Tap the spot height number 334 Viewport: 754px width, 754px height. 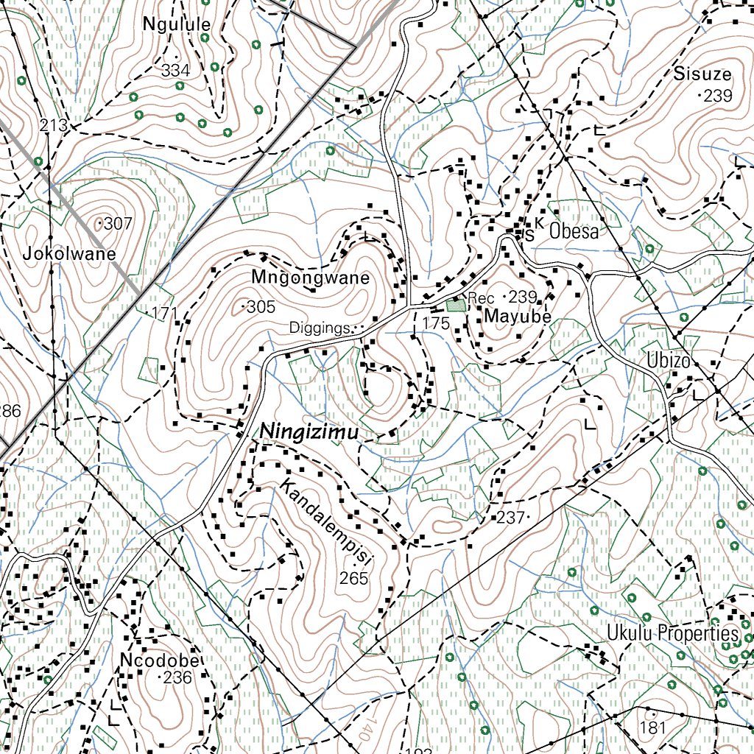click(x=175, y=71)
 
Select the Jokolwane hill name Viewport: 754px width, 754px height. click(x=69, y=255)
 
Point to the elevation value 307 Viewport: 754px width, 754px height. click(x=118, y=223)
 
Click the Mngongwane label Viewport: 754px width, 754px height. click(x=310, y=278)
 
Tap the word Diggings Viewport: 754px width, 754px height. click(x=318, y=328)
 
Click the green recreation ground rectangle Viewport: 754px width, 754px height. click(x=455, y=303)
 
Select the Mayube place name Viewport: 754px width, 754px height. click(x=518, y=317)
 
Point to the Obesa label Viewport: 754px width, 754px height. click(x=574, y=231)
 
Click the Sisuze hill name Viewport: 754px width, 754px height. click(x=702, y=74)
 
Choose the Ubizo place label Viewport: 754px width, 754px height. click(x=669, y=362)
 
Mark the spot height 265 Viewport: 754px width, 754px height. click(x=353, y=579)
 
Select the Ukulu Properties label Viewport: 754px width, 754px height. click(x=672, y=633)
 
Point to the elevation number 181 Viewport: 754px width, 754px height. click(x=652, y=728)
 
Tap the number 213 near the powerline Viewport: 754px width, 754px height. click(x=54, y=126)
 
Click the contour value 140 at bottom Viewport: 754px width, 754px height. click(x=364, y=731)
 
